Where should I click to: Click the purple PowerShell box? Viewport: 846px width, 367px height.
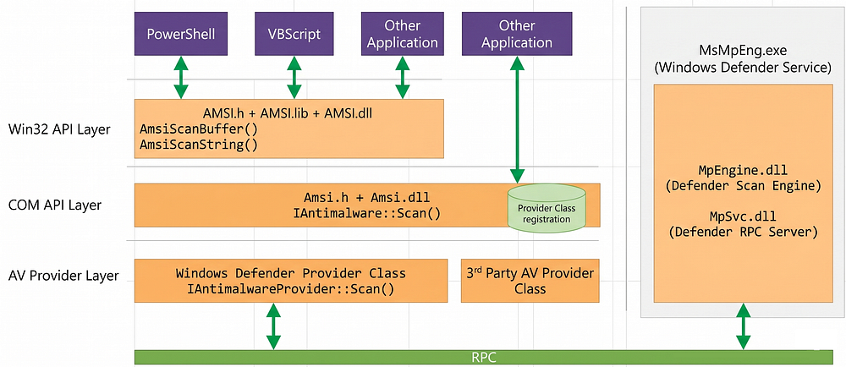point(181,35)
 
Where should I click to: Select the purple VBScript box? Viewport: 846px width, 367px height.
point(294,35)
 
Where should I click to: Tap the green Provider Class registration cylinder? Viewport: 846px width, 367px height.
point(547,208)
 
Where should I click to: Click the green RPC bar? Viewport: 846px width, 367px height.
point(483,357)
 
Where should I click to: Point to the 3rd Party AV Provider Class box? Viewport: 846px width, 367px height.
point(530,281)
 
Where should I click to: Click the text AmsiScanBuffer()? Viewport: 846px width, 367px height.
point(199,129)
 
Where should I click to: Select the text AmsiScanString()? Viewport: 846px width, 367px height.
point(199,145)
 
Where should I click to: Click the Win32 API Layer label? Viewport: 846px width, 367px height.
point(59,129)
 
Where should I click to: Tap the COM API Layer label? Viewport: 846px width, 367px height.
point(54,205)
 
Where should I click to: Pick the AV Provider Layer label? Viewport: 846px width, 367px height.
point(63,276)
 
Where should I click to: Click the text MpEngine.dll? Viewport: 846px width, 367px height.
point(743,172)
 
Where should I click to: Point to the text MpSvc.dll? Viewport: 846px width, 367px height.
point(743,217)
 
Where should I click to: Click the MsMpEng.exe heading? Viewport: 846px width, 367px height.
point(743,52)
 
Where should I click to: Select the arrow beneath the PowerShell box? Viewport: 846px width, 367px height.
point(181,77)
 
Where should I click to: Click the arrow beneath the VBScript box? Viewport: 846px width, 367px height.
point(294,77)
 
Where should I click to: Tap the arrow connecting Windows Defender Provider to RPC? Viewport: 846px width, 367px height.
point(273,326)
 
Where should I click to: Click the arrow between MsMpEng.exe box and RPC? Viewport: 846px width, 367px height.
point(744,326)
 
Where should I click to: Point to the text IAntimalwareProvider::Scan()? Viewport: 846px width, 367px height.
point(291,289)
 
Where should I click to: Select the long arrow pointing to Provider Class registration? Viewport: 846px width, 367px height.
point(517,119)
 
